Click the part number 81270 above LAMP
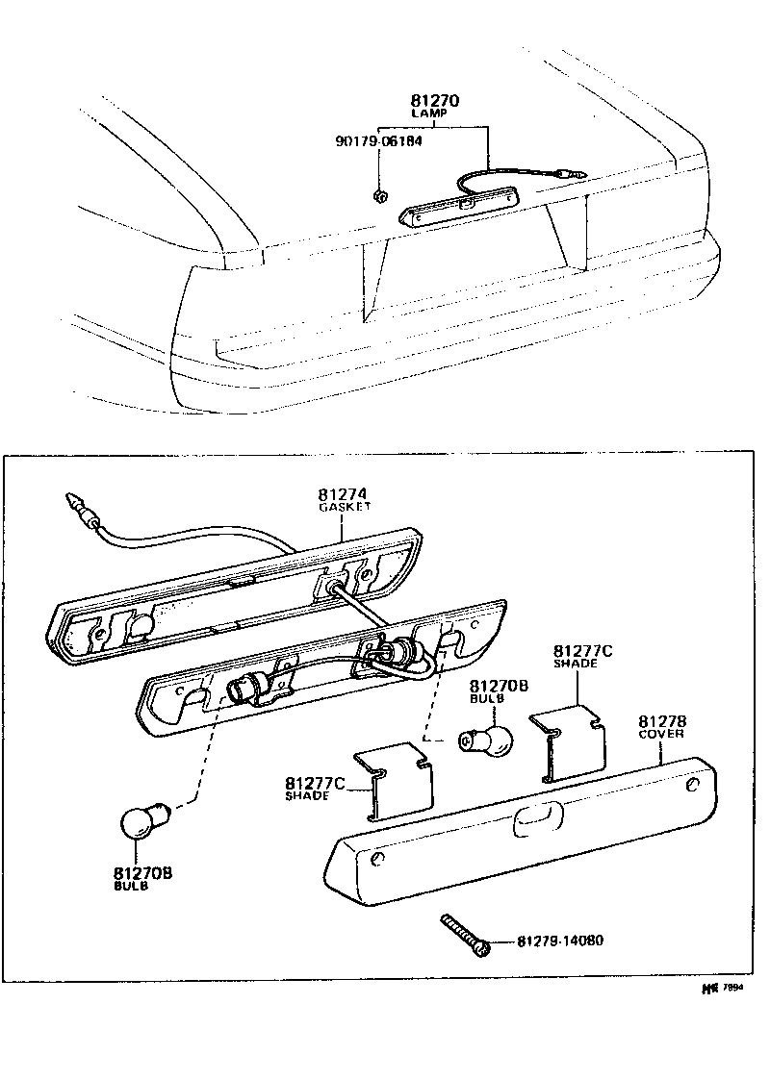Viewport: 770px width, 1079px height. tap(435, 100)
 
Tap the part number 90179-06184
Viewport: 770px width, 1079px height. tap(378, 140)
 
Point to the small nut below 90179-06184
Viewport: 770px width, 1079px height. tap(379, 196)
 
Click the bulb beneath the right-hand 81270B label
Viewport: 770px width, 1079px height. tap(487, 740)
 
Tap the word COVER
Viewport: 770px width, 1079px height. tap(661, 734)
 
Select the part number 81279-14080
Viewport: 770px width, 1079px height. tap(560, 941)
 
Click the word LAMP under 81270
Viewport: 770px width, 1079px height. tap(434, 113)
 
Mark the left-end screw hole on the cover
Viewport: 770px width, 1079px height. tap(378, 857)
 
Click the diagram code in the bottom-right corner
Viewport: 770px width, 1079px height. tap(725, 987)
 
